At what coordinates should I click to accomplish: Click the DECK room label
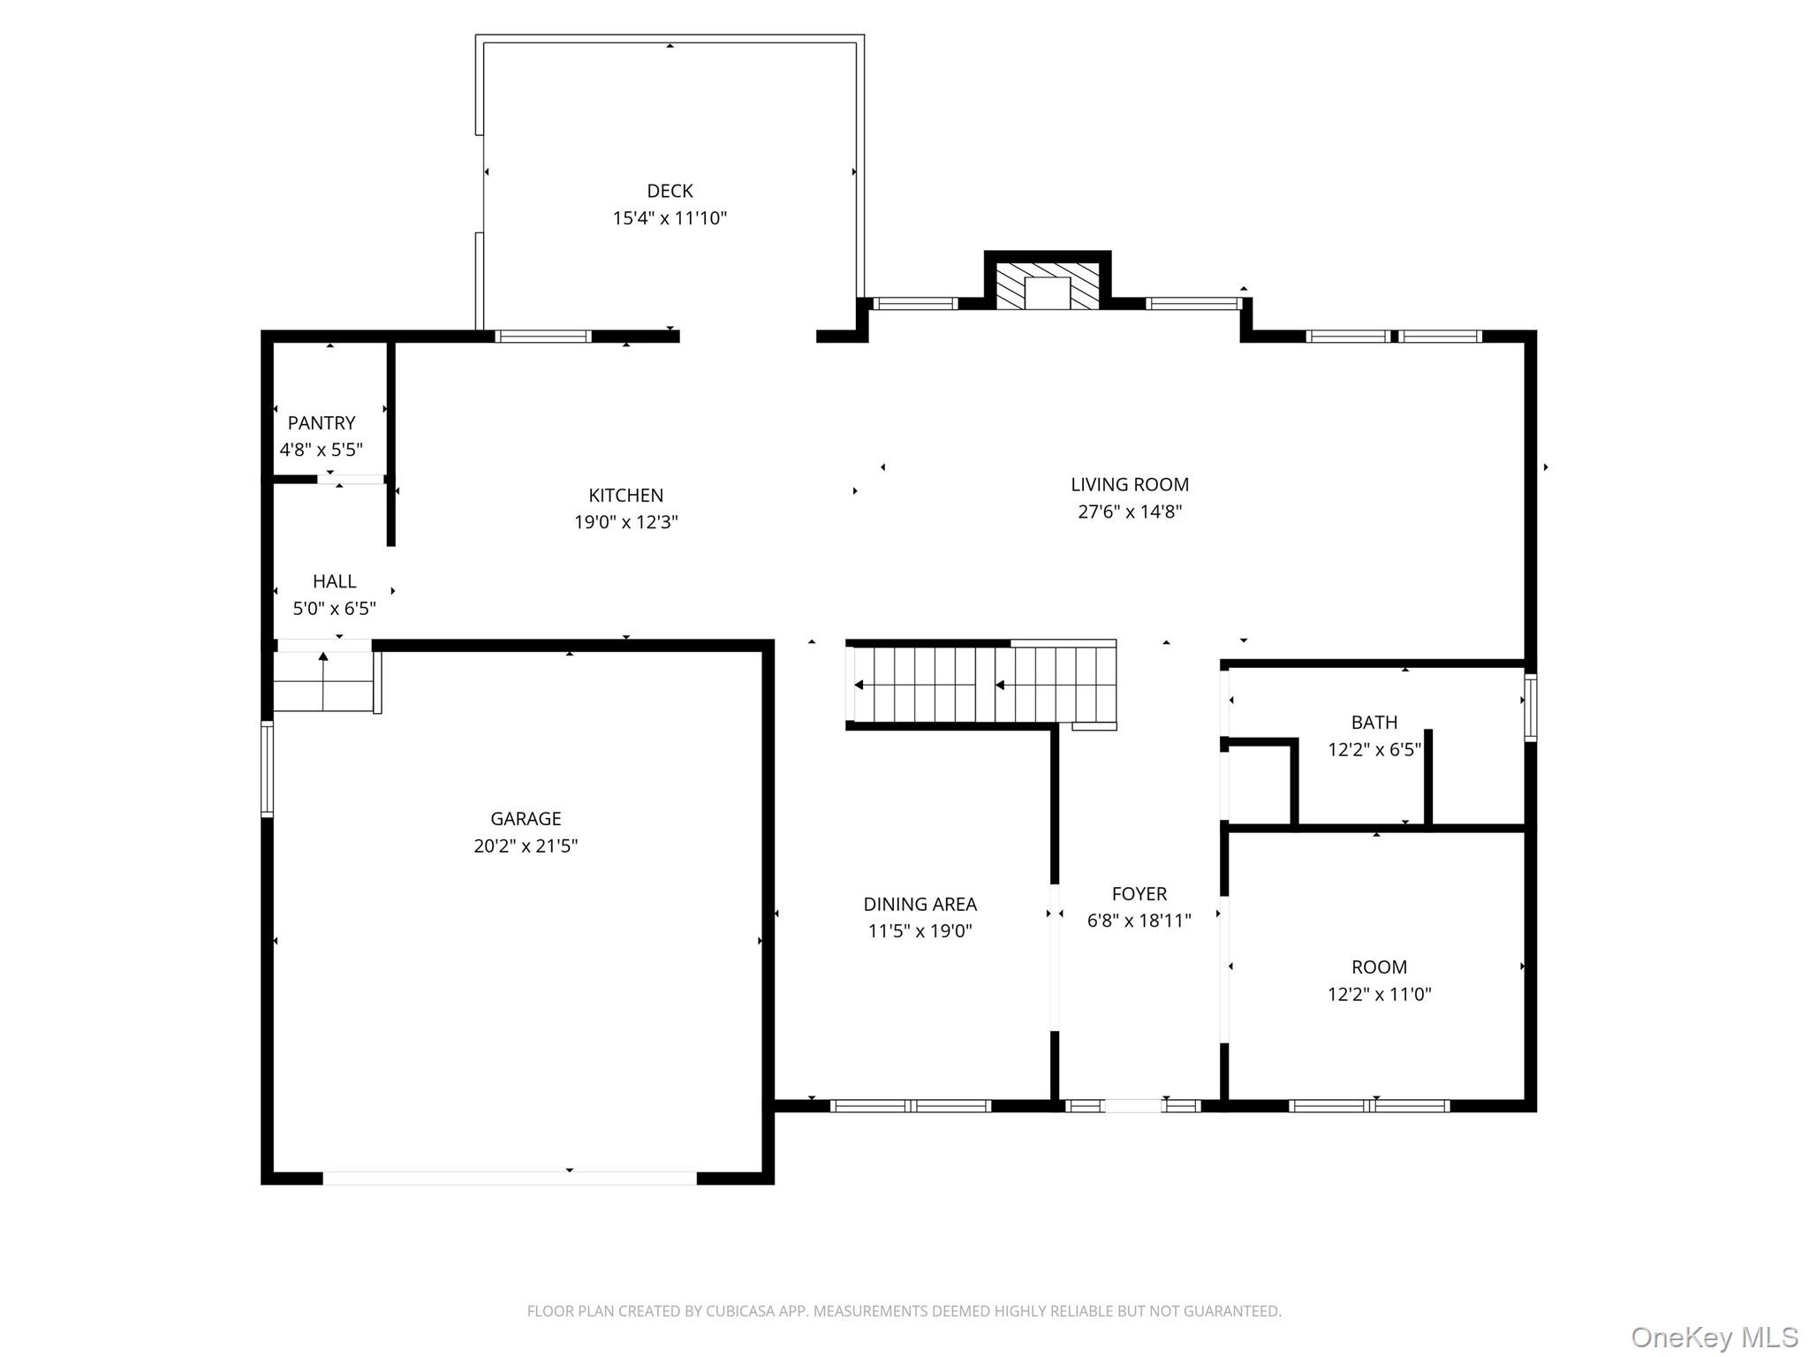pos(670,191)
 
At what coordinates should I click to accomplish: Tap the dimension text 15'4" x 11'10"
pos(670,218)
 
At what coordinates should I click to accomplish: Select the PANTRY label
pos(322,423)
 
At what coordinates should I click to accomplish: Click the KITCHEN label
pos(625,496)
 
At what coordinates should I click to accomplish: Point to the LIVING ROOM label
pos(1130,484)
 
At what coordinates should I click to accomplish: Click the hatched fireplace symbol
pos(1048,284)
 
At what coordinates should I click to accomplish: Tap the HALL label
pos(334,581)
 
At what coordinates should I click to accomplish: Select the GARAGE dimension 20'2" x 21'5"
pos(526,846)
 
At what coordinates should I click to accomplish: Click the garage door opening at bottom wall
pos(510,1178)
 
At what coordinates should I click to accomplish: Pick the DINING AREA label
pos(920,905)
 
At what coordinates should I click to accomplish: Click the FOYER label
pos(1139,894)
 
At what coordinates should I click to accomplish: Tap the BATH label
pos(1374,723)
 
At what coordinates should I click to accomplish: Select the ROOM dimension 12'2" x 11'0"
pos(1379,995)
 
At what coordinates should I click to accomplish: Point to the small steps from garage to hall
pos(323,681)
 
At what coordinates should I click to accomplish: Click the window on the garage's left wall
pos(267,768)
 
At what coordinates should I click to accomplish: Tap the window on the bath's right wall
pos(1531,707)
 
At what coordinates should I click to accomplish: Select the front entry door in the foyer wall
pos(1132,1105)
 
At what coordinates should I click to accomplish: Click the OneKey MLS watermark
pos(1714,1337)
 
